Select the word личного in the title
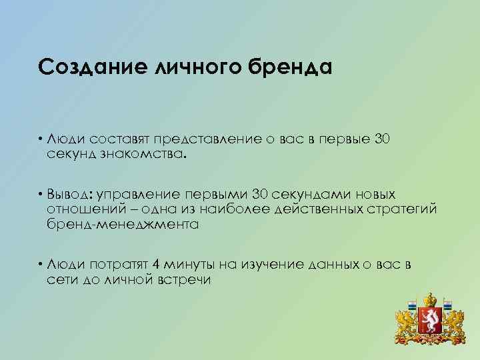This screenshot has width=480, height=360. coord(191,67)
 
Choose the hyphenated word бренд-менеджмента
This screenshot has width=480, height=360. coord(123,224)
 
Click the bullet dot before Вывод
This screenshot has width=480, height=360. coord(41,195)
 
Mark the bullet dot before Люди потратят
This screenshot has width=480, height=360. coord(41,265)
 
